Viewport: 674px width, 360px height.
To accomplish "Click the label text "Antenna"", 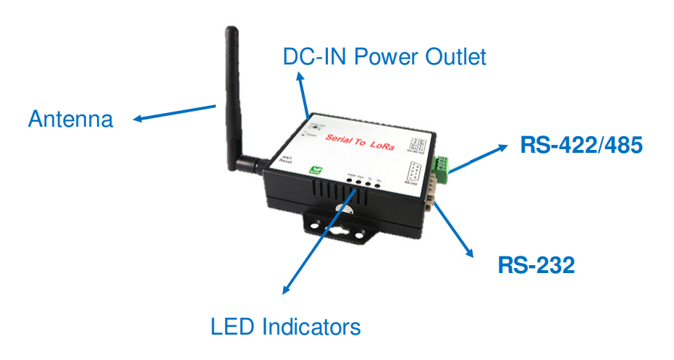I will (x=70, y=119).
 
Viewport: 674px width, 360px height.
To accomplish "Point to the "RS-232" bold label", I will (x=536, y=265).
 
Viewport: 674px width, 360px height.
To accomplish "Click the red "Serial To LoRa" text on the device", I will (x=360, y=141).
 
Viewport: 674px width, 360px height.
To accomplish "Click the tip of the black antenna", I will (x=231, y=30).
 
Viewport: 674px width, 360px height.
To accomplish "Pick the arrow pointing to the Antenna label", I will (x=174, y=113).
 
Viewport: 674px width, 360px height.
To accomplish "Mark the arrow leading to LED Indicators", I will (x=319, y=239).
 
